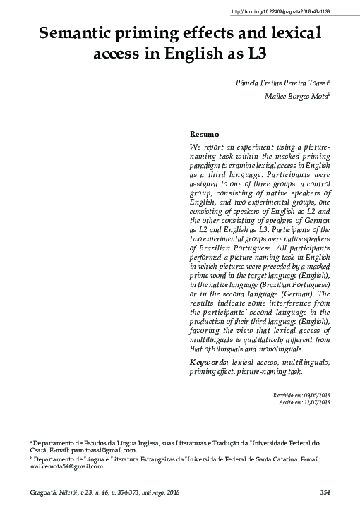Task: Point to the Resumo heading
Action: [205, 134]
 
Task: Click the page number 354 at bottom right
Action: [325, 492]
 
